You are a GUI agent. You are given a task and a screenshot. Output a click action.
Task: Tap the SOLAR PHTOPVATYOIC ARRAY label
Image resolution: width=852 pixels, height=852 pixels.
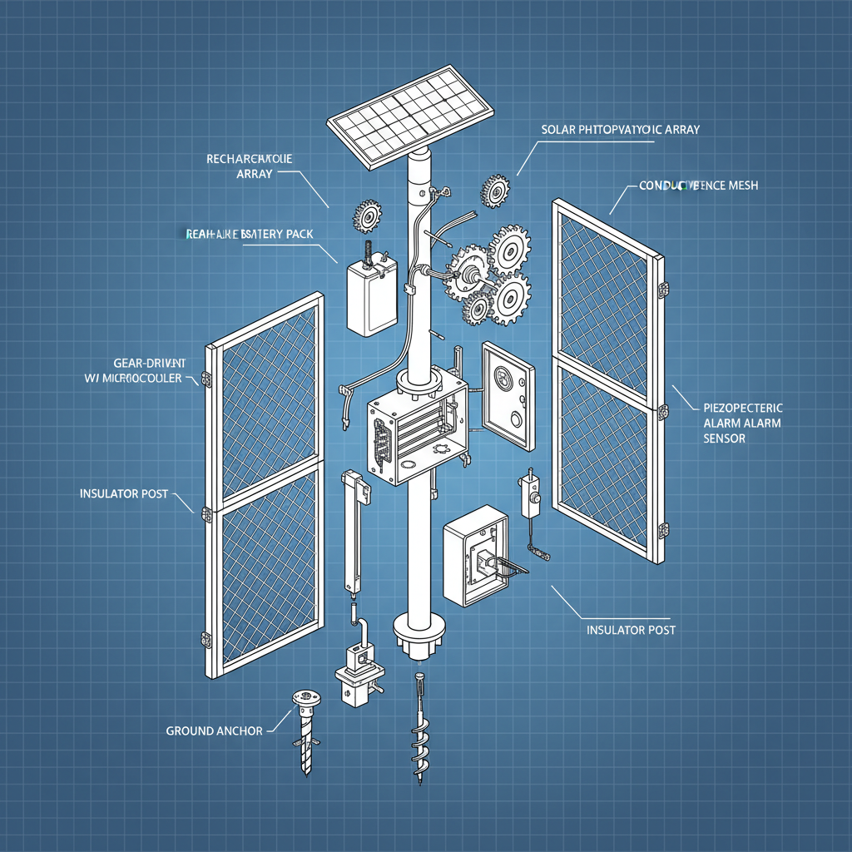click(x=620, y=130)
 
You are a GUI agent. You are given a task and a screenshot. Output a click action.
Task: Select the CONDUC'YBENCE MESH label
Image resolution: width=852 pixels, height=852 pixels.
click(x=698, y=186)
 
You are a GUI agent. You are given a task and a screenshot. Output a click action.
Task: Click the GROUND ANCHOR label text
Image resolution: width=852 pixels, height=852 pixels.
click(x=214, y=731)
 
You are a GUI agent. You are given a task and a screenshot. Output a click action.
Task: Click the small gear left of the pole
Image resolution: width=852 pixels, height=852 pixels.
click(x=366, y=215)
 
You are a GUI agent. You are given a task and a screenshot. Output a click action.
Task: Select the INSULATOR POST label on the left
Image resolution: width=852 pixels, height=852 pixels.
click(x=123, y=493)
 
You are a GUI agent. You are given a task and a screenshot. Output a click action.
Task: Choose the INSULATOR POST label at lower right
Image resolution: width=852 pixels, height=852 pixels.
click(x=631, y=630)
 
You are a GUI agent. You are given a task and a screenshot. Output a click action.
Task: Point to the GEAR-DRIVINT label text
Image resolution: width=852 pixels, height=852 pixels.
click(x=148, y=364)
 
